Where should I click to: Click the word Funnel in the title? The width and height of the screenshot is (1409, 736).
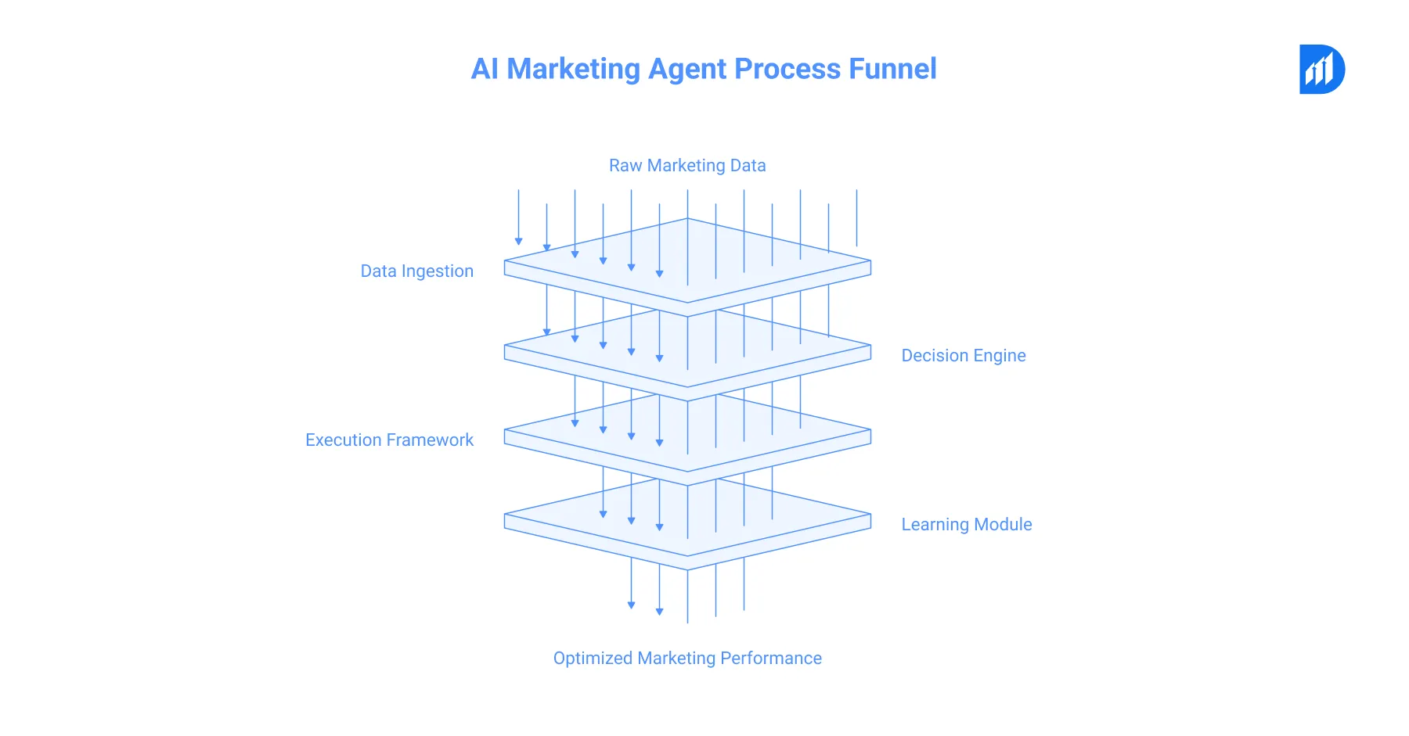pos(892,69)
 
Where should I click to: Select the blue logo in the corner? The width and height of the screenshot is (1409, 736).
pos(1321,70)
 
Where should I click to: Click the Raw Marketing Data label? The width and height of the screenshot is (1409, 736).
pos(687,166)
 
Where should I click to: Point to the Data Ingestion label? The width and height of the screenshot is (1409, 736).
pos(416,271)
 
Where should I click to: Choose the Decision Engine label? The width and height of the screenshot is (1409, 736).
pos(963,356)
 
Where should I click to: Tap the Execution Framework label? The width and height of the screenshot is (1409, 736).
pos(389,440)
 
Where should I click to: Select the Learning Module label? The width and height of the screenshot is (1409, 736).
pos(966,525)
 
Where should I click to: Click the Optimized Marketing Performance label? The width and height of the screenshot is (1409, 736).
pos(687,659)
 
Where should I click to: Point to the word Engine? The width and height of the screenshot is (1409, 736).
pos(999,356)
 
